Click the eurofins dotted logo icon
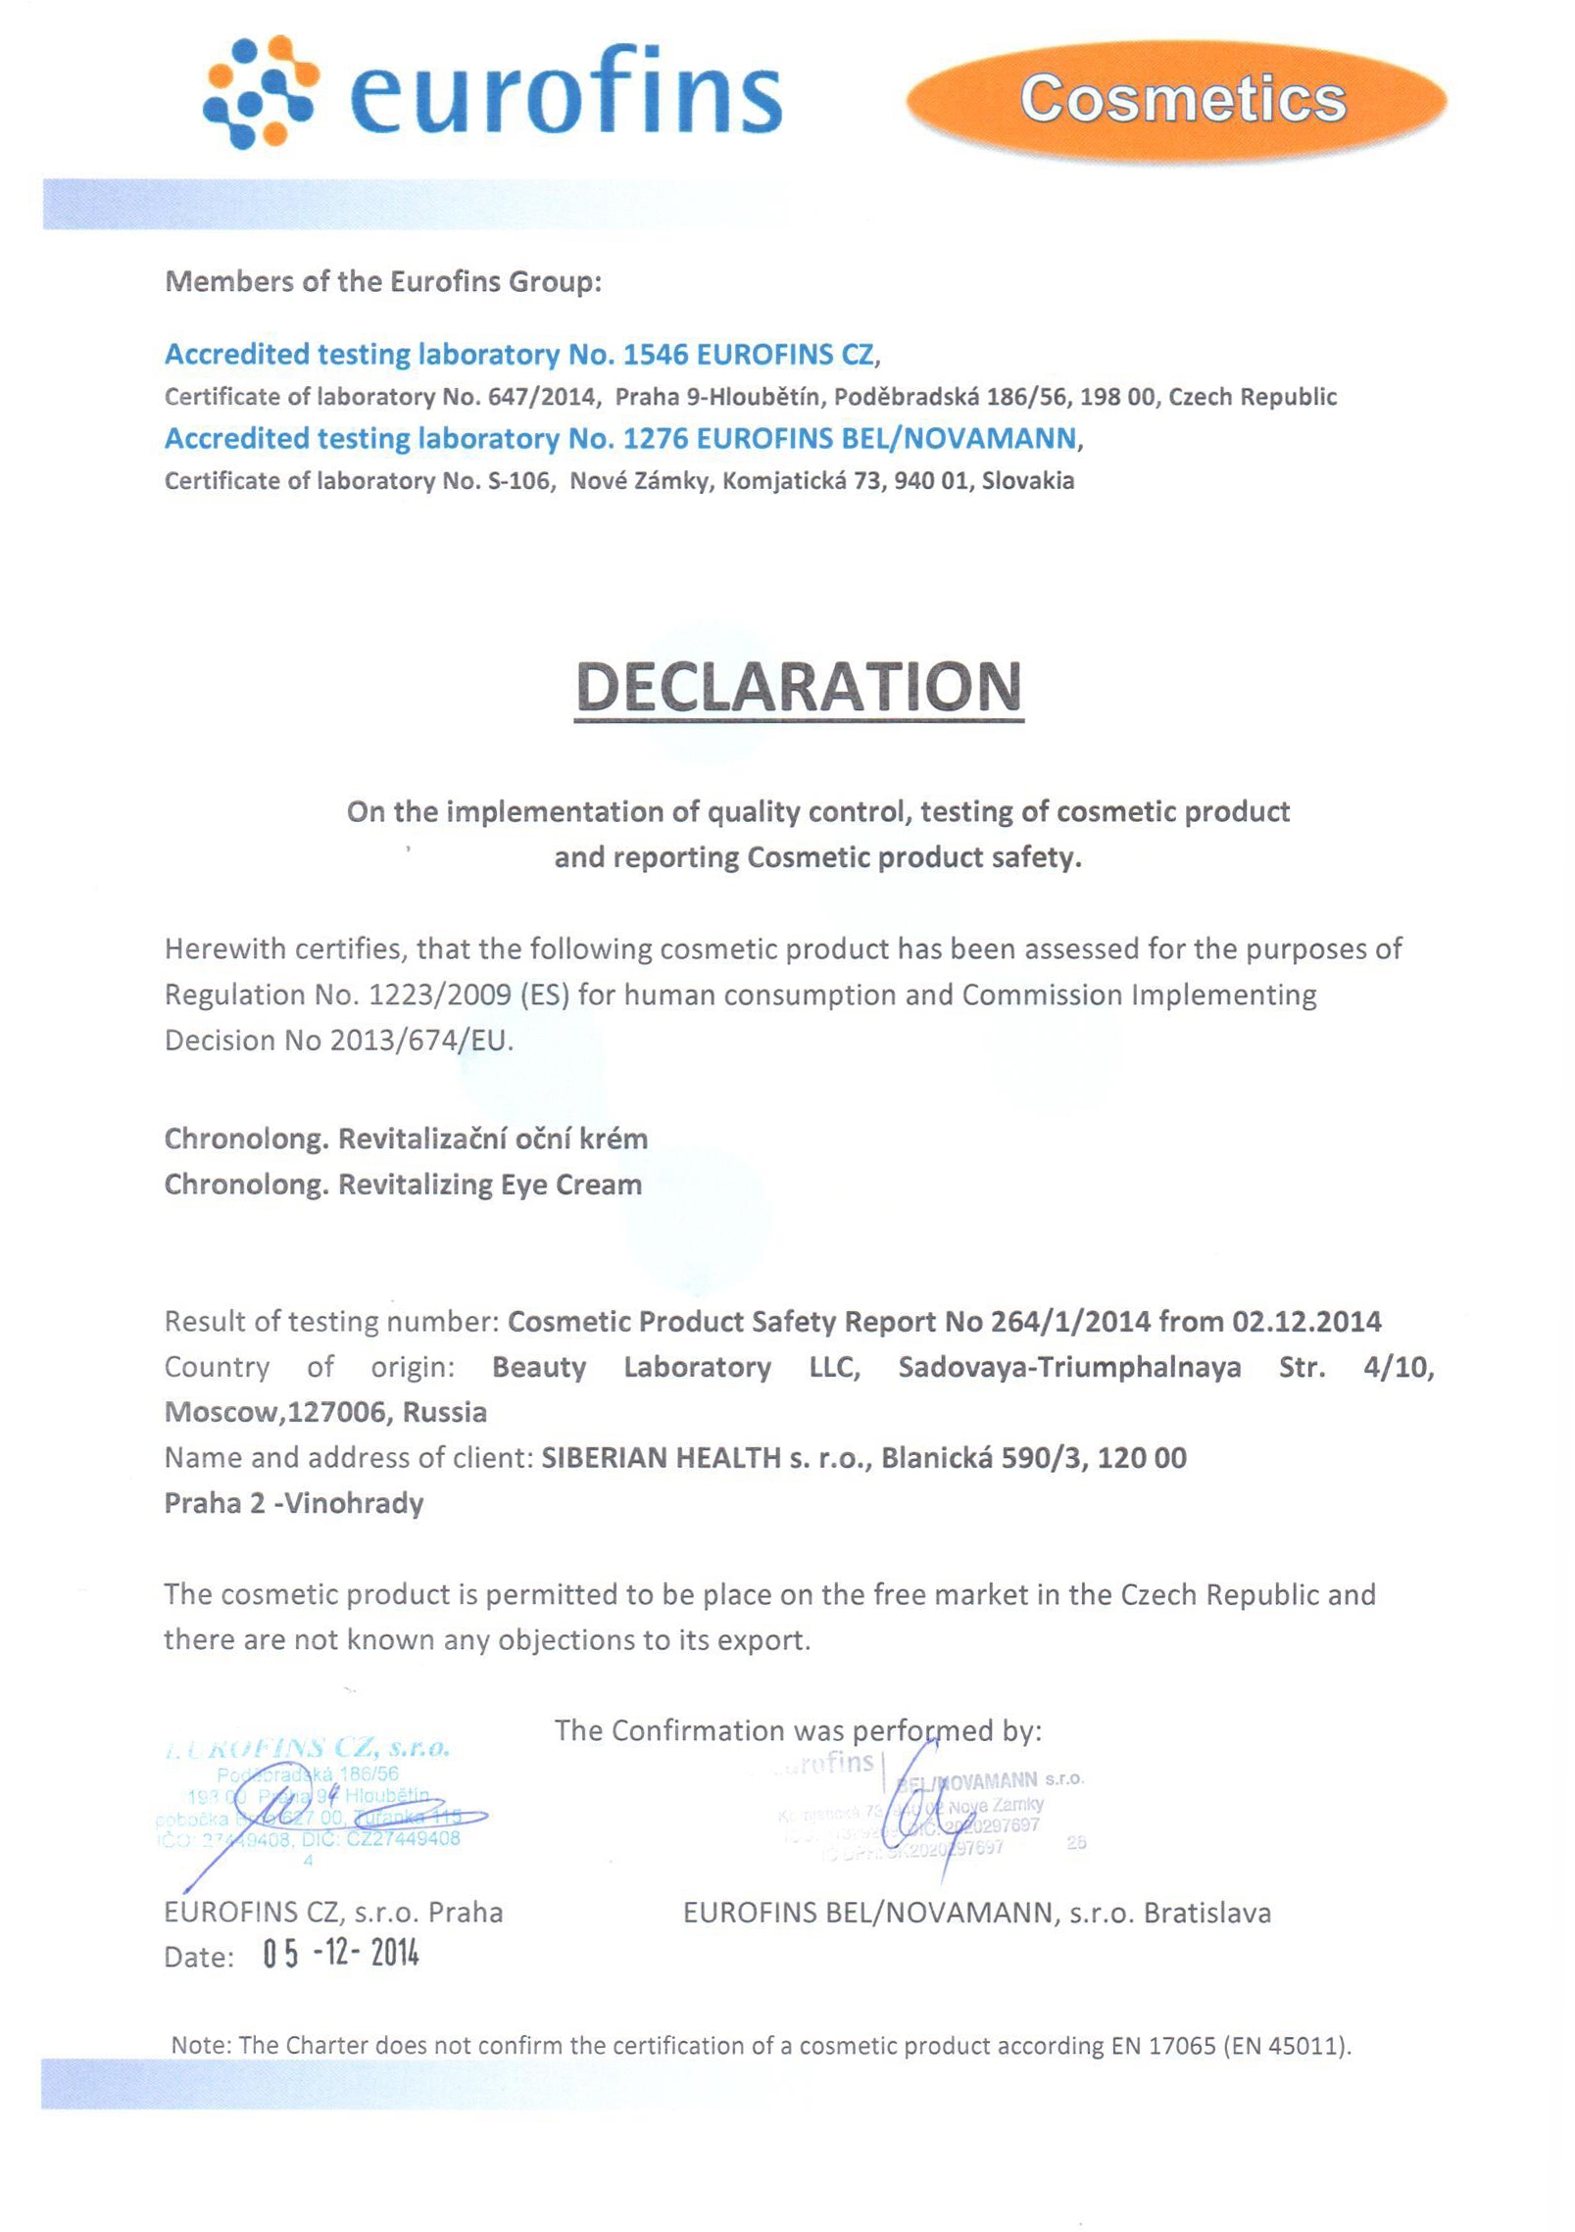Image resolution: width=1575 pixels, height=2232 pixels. pos(260,92)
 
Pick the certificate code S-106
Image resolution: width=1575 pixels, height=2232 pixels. pos(517,481)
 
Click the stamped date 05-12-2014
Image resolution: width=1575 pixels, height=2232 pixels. pos(340,1954)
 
